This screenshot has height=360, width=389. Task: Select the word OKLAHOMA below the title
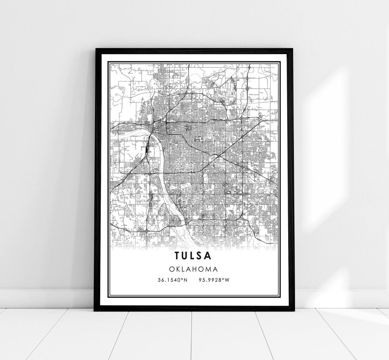point(194,269)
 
